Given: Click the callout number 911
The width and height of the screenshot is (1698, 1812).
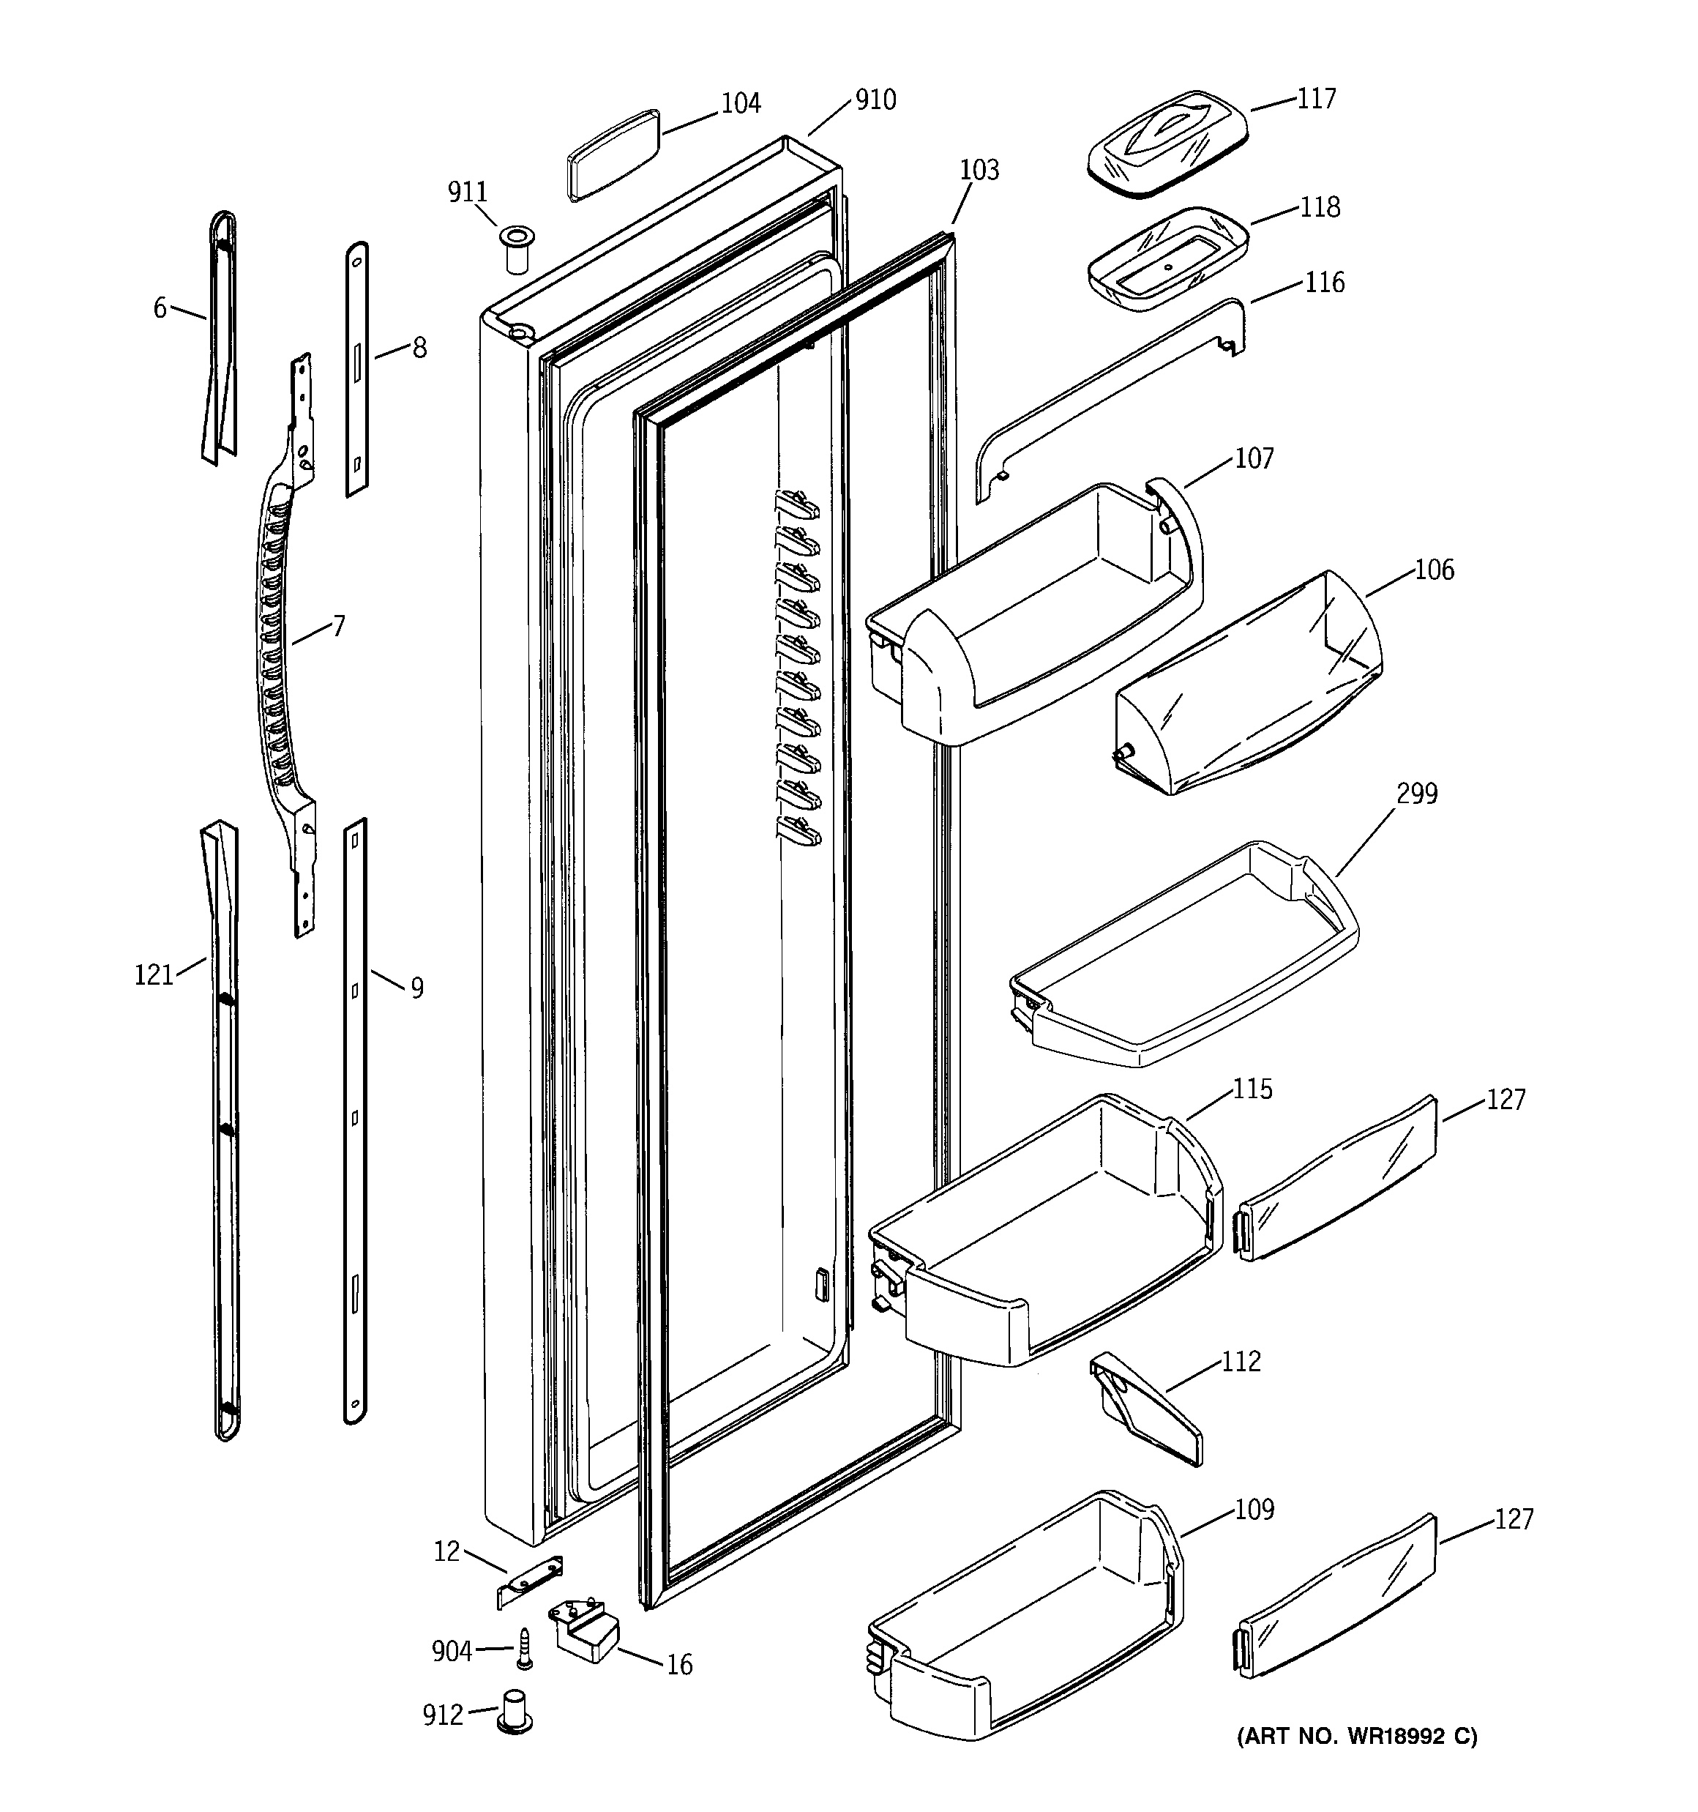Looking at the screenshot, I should [467, 193].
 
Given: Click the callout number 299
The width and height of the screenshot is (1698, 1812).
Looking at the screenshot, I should [1416, 794].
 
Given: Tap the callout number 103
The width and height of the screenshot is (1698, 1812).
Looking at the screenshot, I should [979, 171].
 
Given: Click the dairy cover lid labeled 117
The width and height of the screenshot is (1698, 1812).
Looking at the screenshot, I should [1167, 142].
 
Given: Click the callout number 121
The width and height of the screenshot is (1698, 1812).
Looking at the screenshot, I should [154, 975].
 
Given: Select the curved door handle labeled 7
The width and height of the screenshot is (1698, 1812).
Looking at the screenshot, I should [283, 638].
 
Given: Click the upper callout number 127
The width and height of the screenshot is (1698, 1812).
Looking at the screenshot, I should [1506, 1100].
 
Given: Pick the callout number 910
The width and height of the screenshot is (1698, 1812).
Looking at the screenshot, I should [875, 100].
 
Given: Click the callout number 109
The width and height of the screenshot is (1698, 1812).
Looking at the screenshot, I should [1254, 1510].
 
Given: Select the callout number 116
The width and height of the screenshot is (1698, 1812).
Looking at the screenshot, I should [1323, 283].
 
